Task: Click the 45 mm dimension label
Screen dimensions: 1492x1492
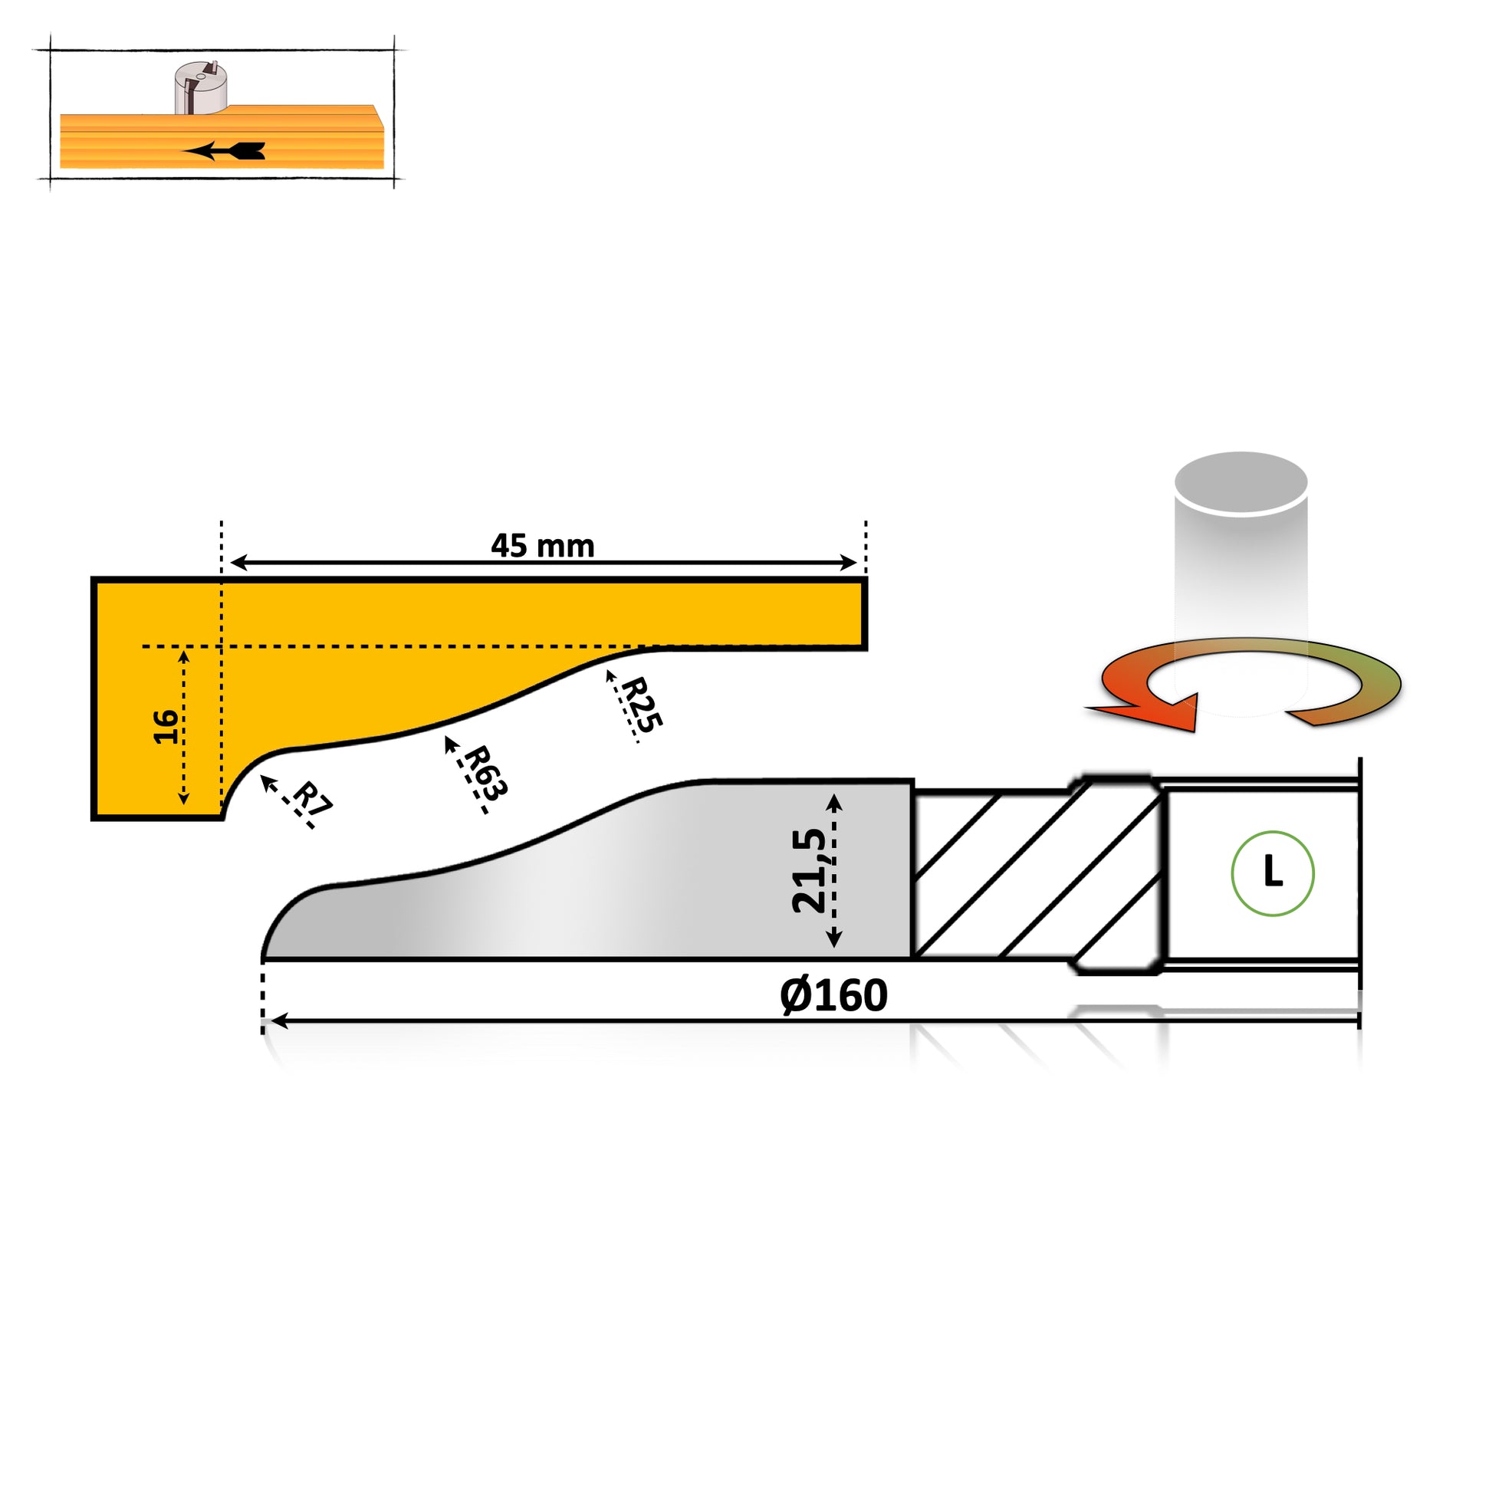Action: coord(542,546)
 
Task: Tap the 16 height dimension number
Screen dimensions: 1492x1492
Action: coord(166,727)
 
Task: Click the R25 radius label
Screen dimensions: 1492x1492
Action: coord(642,705)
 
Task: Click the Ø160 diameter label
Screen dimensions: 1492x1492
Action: coord(834,995)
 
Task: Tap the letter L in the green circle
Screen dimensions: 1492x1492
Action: coord(1273,872)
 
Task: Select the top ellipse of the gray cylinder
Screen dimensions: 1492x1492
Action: coord(1241,482)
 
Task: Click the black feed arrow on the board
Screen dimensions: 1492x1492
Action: coord(224,150)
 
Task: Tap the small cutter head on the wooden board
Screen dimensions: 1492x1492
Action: coord(200,88)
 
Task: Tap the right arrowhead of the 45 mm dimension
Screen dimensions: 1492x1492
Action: coord(849,562)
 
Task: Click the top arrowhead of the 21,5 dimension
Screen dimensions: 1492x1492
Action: coord(834,803)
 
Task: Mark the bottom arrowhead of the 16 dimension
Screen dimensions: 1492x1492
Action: coord(184,796)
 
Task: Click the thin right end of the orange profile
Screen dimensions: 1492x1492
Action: coord(863,614)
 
